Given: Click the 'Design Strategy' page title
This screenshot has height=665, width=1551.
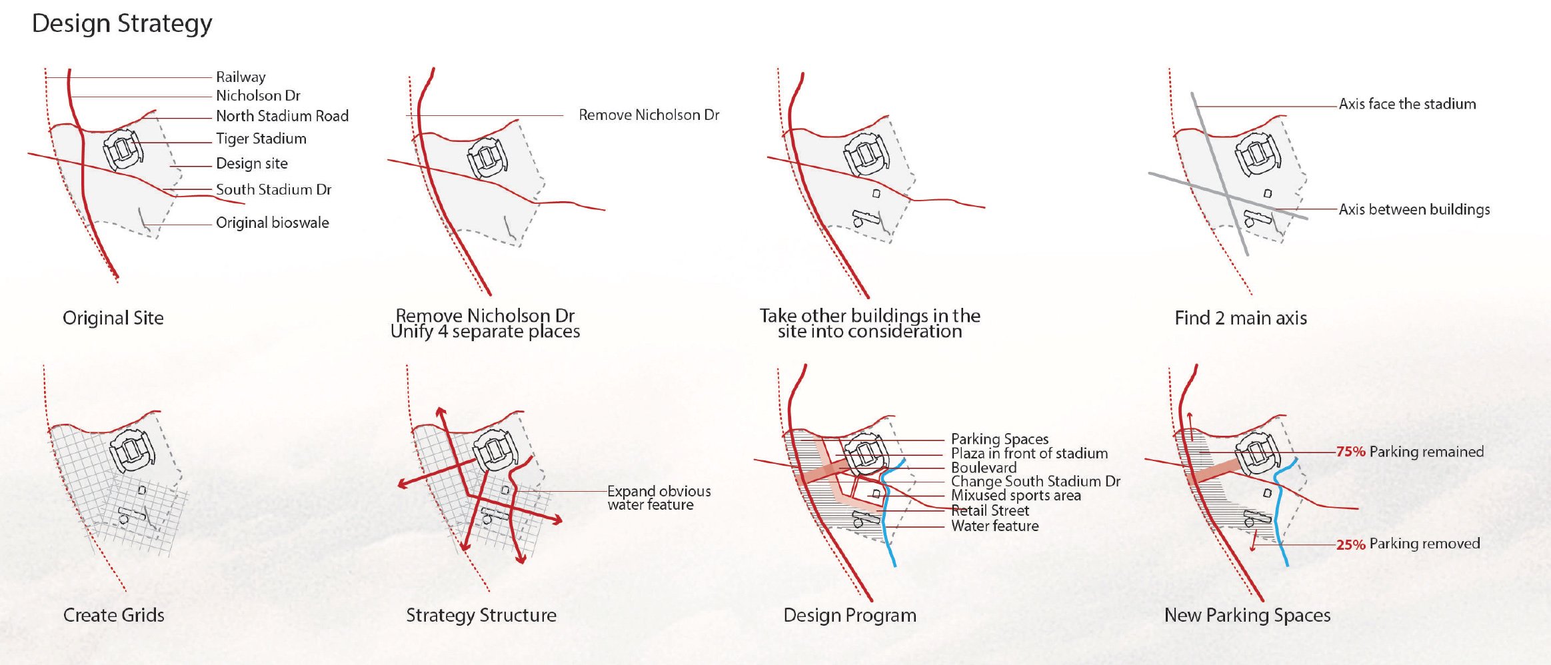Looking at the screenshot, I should click(122, 23).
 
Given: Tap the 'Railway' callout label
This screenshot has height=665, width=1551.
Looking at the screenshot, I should click(241, 77).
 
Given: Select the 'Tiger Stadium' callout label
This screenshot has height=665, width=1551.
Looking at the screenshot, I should click(261, 139).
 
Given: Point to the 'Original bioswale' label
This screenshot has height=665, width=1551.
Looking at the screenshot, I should click(272, 223).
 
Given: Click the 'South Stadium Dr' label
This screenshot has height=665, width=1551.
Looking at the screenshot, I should click(273, 190).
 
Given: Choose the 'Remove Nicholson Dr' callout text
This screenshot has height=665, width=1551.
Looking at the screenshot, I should click(649, 115).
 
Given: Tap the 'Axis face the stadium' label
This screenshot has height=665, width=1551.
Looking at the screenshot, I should click(1407, 104).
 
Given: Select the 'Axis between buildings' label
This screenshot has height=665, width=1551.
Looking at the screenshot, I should click(1414, 209).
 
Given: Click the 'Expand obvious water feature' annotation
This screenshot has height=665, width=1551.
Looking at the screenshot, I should click(659, 498).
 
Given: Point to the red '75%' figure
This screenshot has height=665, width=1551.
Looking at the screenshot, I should click(1351, 452).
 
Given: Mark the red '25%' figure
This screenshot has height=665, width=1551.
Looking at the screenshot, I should click(1351, 544).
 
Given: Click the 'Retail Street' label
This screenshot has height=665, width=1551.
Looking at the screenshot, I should click(990, 511).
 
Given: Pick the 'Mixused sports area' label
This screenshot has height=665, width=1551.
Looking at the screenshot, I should click(1016, 496).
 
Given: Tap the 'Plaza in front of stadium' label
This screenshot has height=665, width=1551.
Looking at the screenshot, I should click(1029, 454).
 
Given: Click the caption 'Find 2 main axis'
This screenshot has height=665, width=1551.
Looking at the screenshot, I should click(1240, 319).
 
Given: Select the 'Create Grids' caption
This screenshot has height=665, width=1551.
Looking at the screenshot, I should click(113, 615).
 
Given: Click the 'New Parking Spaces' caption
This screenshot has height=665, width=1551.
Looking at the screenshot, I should click(1247, 615).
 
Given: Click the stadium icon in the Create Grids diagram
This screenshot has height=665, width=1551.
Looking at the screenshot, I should click(132, 450).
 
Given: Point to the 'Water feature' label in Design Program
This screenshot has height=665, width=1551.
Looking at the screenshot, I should click(994, 526).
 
